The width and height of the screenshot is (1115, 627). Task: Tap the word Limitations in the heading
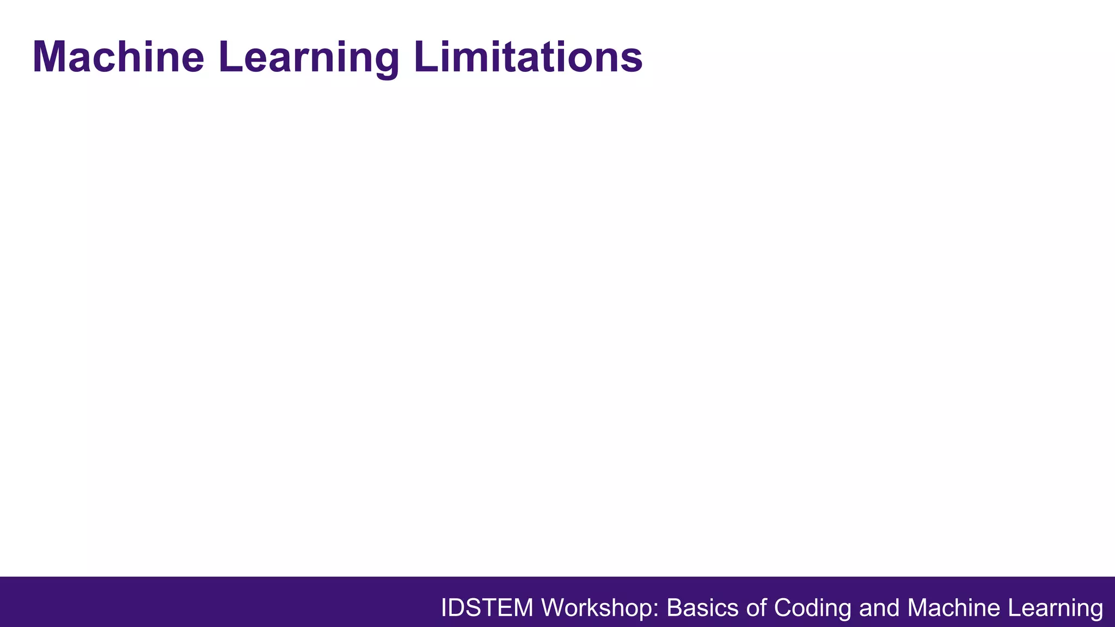click(x=528, y=57)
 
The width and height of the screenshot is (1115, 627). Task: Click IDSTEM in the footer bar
click(x=487, y=607)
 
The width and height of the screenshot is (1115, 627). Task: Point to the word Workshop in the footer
click(x=599, y=607)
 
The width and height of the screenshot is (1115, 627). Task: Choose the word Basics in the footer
click(x=703, y=607)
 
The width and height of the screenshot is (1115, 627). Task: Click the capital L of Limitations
click(x=426, y=57)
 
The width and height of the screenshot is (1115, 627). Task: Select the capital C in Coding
click(x=783, y=607)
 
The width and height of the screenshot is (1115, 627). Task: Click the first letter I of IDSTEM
click(x=444, y=607)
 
